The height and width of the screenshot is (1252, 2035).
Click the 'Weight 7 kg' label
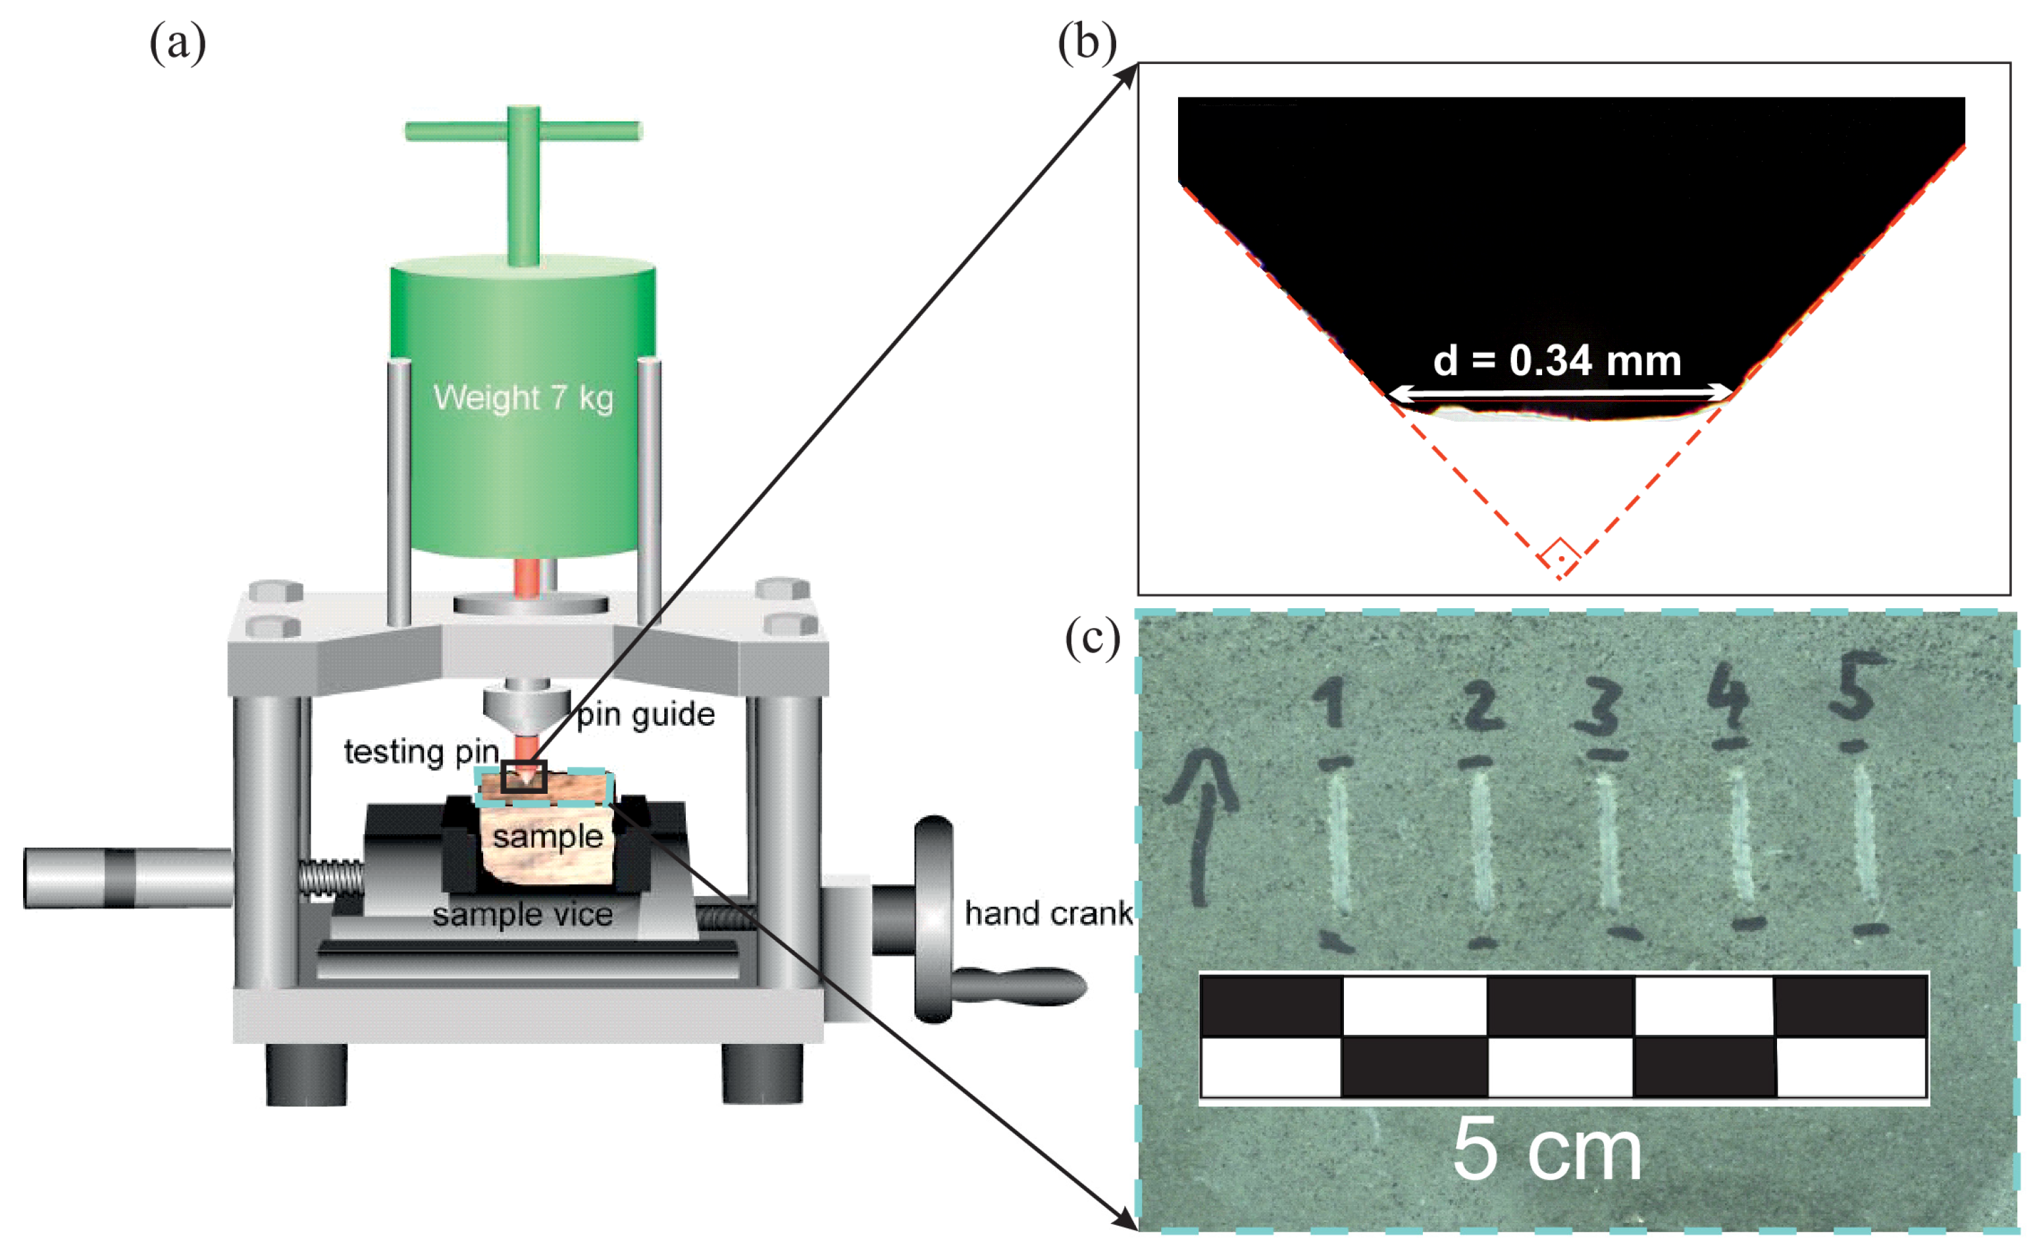pos(523,398)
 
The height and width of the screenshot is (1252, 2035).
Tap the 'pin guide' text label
pos(646,715)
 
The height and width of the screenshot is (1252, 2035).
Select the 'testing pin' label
pos(421,752)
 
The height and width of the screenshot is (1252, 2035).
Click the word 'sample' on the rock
pos(547,837)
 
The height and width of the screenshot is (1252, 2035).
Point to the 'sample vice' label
pos(523,914)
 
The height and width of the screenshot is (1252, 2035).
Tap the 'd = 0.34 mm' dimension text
pos(1557,361)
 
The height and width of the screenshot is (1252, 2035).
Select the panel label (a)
pos(177,43)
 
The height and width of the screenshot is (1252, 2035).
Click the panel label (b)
pos(1086,43)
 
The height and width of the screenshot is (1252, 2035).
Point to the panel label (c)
pos(1092,639)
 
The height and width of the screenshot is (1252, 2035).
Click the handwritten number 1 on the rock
pos(1332,704)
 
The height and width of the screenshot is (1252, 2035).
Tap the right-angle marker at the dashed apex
pos(1559,554)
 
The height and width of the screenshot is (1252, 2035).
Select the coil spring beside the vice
pos(330,877)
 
